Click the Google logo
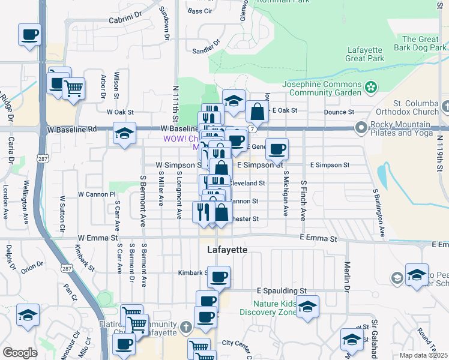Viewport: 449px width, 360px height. [20, 353]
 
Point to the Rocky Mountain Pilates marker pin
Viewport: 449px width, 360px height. [361, 127]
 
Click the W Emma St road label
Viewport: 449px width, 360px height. [98, 238]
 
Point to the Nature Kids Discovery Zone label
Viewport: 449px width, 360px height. [268, 307]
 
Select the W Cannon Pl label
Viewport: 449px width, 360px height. [97, 194]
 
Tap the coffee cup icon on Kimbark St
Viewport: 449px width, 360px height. [218, 276]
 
